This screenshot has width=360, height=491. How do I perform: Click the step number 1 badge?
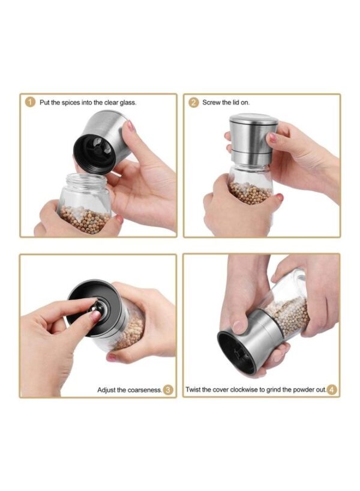click(x=30, y=102)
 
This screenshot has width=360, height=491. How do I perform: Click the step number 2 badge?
click(x=193, y=103)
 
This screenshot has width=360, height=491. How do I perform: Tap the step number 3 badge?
click(x=168, y=390)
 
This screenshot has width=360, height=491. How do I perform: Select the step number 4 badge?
click(x=332, y=390)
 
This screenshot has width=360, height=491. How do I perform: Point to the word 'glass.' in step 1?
click(x=128, y=103)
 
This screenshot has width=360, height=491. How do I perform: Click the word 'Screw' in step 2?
click(x=211, y=103)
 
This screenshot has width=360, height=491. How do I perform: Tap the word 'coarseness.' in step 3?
click(x=145, y=390)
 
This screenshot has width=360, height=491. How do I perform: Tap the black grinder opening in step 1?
click(x=95, y=153)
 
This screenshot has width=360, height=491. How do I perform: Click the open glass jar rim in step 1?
click(x=85, y=179)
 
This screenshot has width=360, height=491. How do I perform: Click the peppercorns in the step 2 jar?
click(x=250, y=193)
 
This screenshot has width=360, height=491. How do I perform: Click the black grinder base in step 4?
click(x=236, y=352)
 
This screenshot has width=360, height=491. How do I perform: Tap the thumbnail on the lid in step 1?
click(x=131, y=125)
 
